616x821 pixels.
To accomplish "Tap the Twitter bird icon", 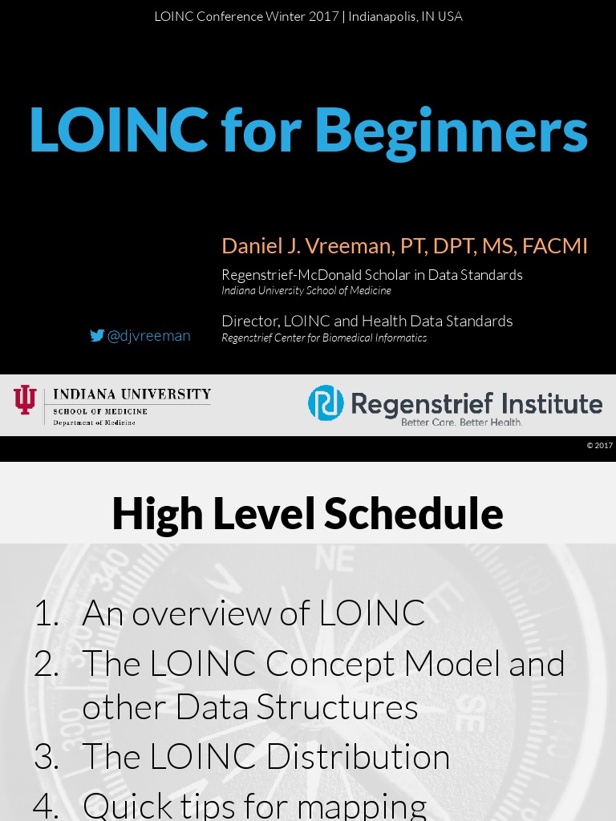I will tap(97, 336).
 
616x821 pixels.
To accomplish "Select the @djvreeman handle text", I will tap(148, 336).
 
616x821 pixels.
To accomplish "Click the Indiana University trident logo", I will tap(25, 399).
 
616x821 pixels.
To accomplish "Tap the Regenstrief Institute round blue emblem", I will tap(326, 402).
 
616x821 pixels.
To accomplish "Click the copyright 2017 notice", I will tap(599, 445).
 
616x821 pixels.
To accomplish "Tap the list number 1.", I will tap(46, 613).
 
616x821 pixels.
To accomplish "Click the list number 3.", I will tap(47, 757).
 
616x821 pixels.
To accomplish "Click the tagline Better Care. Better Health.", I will tap(461, 422).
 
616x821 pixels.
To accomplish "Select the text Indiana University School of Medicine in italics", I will tap(306, 290).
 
